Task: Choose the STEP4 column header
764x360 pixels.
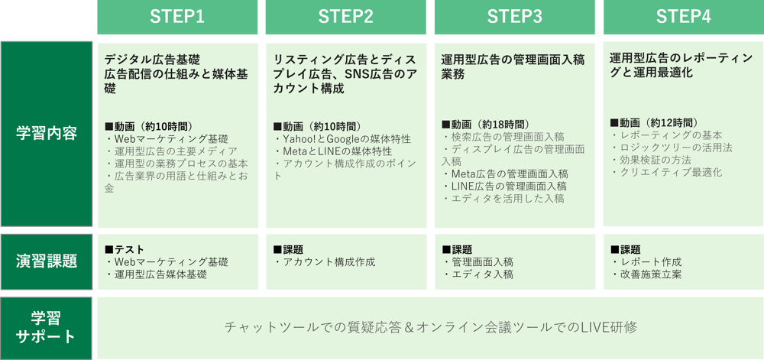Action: click(x=683, y=17)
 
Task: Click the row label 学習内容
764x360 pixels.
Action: click(x=47, y=133)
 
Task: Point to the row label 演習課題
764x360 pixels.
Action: click(x=47, y=261)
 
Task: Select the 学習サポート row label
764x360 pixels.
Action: click(x=47, y=327)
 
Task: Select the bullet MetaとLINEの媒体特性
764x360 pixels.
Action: click(x=333, y=151)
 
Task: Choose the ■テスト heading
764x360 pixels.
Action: click(x=125, y=249)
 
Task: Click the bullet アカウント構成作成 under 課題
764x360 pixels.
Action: click(x=325, y=261)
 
